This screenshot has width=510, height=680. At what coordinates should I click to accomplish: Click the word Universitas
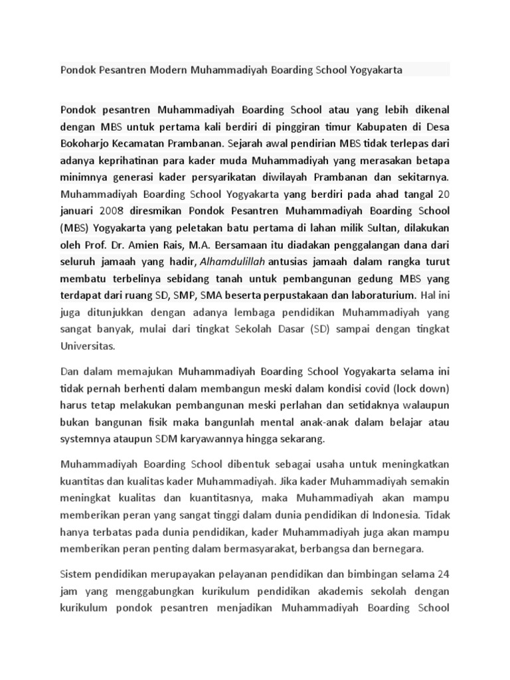pos(88,346)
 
